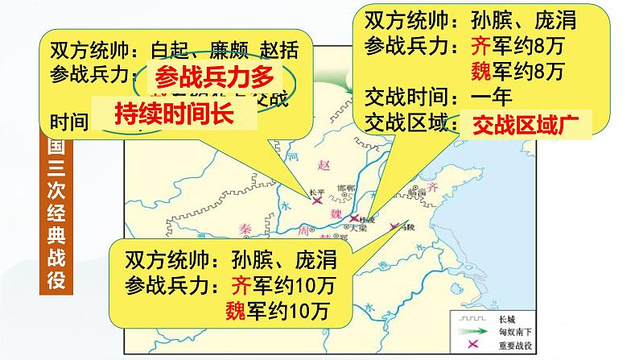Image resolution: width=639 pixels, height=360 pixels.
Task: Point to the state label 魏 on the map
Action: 337,213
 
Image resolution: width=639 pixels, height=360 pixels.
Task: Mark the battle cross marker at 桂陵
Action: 355,219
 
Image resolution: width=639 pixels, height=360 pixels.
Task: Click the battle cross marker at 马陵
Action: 394,226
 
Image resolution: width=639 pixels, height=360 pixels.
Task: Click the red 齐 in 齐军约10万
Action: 241,285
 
